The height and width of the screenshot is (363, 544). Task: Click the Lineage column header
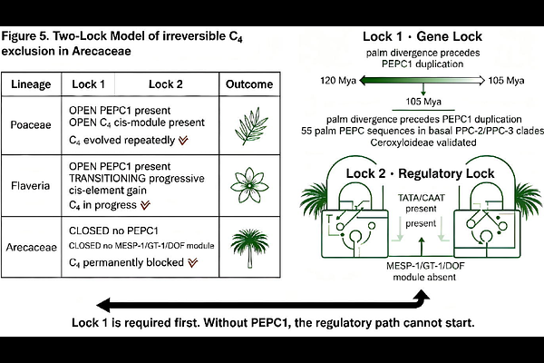pyautogui.click(x=31, y=84)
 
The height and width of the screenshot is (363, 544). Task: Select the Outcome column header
pyautogui.click(x=249, y=84)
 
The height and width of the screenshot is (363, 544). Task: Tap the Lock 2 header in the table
pyautogui.click(x=166, y=84)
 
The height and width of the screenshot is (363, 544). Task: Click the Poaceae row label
pyautogui.click(x=31, y=124)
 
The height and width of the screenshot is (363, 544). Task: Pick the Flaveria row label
pyautogui.click(x=31, y=186)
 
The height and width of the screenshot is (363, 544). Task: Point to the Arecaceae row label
pyautogui.click(x=31, y=247)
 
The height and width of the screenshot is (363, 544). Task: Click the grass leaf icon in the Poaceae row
pyautogui.click(x=251, y=126)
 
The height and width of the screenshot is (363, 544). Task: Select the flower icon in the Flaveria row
pyautogui.click(x=249, y=185)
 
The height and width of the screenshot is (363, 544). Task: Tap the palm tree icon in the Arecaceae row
pyautogui.click(x=249, y=248)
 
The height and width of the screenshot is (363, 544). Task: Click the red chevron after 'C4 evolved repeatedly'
pyautogui.click(x=183, y=141)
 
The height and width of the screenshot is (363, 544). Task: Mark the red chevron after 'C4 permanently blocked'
pyautogui.click(x=192, y=262)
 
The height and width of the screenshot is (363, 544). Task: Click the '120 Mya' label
pyautogui.click(x=338, y=81)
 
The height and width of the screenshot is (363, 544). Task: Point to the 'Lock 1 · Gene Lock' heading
pyautogui.click(x=423, y=36)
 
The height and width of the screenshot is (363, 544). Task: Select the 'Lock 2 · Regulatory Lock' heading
pyautogui.click(x=420, y=173)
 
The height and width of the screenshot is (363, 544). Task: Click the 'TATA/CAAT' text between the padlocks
pyautogui.click(x=422, y=198)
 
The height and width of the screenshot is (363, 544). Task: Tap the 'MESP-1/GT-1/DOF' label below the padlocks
pyautogui.click(x=425, y=266)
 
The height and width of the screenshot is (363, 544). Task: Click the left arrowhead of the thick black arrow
pyautogui.click(x=103, y=305)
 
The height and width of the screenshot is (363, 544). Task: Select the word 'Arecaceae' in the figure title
pyautogui.click(x=102, y=51)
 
